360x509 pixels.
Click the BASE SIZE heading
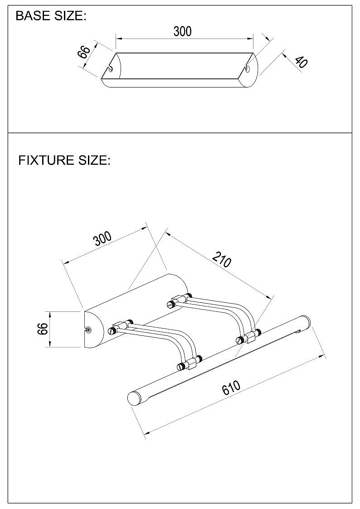[x=51, y=16]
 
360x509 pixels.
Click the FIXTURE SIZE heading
[x=64, y=160]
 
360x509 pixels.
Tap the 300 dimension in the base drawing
[x=182, y=31]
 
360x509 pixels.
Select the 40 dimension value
[x=301, y=62]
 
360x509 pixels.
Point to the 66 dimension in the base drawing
[x=84, y=52]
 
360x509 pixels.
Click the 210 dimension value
[x=222, y=259]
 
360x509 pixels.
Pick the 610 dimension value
[x=231, y=387]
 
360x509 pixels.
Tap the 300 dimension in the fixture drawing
[x=102, y=239]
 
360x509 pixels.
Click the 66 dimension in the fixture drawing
[x=43, y=329]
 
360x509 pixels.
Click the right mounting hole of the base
[x=248, y=68]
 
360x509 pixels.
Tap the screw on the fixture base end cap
[x=88, y=330]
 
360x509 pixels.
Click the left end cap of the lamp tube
[x=133, y=398]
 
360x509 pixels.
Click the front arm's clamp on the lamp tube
[x=190, y=364]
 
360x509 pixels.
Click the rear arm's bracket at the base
[x=179, y=300]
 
